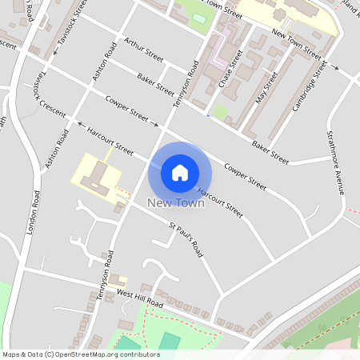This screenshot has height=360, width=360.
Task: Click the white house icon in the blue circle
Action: (x=180, y=173)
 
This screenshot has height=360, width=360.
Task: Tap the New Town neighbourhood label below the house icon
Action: (x=176, y=203)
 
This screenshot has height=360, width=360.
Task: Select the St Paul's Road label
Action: (x=186, y=239)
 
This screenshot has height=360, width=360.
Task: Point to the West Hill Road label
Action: (x=140, y=300)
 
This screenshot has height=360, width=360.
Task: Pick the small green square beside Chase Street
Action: (x=220, y=112)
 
